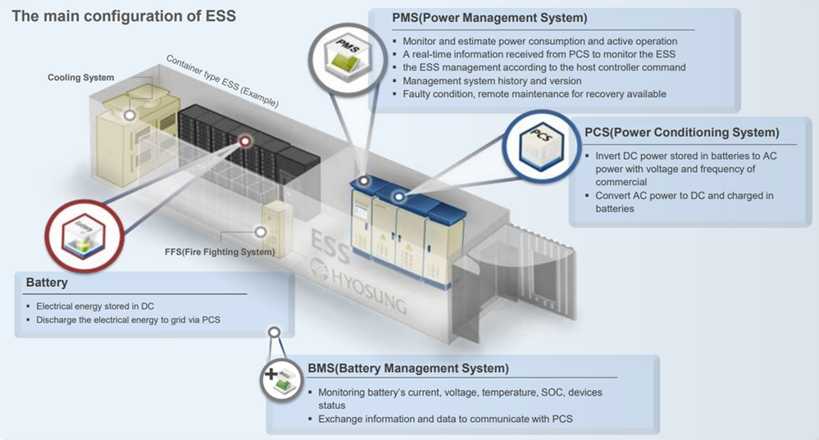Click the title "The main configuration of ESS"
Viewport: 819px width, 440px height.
point(124,16)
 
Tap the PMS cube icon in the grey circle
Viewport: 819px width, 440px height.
point(348,56)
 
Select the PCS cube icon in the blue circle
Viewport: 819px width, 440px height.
point(542,144)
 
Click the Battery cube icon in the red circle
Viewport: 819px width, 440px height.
point(84,236)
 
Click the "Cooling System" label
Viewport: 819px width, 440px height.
point(81,78)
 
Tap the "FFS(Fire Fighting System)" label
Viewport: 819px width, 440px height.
point(220,252)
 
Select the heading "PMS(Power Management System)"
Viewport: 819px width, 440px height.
point(489,18)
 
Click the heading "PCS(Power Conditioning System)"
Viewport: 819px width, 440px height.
point(681,133)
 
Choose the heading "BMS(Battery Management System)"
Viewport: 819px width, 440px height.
point(408,369)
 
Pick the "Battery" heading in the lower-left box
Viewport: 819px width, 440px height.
point(47,283)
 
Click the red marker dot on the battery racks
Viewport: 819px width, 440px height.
point(245,141)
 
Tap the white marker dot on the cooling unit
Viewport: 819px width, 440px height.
point(130,115)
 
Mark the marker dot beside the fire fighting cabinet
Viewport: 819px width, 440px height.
point(260,232)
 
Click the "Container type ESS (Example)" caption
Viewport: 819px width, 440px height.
point(222,81)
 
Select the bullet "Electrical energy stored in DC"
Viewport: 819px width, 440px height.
point(95,306)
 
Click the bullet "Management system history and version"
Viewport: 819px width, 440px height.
point(492,81)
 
